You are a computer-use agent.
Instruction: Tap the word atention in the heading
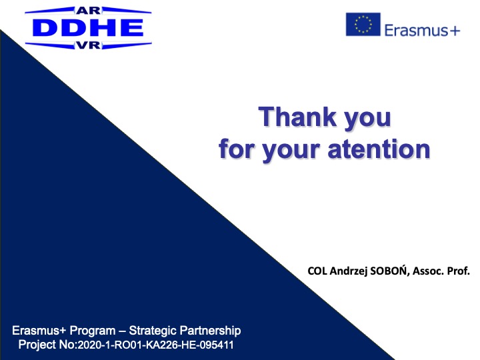tap(379, 149)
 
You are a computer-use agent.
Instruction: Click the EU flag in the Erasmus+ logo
tap(363, 24)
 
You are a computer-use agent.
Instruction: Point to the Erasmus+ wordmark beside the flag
tap(422, 30)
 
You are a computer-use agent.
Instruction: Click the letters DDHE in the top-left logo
tap(88, 27)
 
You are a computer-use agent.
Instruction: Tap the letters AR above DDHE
tap(88, 11)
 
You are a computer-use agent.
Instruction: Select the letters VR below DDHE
tap(88, 45)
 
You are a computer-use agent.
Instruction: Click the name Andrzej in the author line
tap(349, 271)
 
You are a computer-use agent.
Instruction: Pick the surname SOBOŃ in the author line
tap(389, 271)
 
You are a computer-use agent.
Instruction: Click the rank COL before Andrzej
tap(317, 271)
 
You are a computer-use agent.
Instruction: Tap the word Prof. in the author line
tap(458, 271)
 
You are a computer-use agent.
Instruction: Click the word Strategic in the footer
tap(153, 331)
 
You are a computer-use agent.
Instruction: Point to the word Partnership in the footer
tap(210, 331)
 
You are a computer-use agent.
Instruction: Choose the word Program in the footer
tap(93, 331)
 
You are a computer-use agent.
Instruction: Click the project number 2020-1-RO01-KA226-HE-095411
tap(155, 345)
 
